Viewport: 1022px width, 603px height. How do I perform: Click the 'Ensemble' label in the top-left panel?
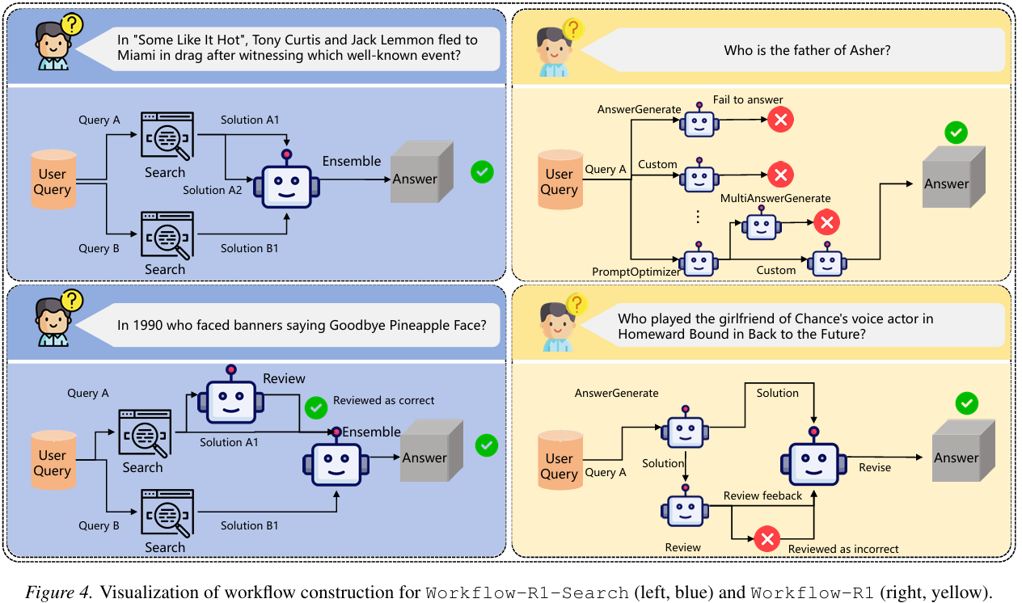click(x=351, y=161)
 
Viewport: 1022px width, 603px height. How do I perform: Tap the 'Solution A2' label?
click(x=213, y=190)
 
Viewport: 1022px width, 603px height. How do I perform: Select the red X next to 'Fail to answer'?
click(x=780, y=120)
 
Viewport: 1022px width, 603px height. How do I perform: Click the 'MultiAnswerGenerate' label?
click(x=775, y=198)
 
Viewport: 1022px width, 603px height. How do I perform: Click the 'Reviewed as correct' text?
click(x=383, y=400)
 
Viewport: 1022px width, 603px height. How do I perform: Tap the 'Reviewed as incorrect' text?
click(x=843, y=549)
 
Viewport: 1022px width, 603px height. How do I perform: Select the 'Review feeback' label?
click(x=762, y=495)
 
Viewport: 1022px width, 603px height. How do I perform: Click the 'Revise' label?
click(x=875, y=467)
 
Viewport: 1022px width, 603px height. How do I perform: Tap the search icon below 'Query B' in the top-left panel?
click(x=167, y=235)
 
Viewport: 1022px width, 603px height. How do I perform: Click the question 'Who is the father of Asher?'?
click(x=807, y=50)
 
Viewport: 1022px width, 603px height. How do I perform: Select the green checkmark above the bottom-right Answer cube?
click(x=965, y=403)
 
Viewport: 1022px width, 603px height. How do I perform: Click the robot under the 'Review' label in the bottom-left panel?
click(x=231, y=397)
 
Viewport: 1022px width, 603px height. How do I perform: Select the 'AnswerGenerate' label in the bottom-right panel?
click(x=616, y=393)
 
